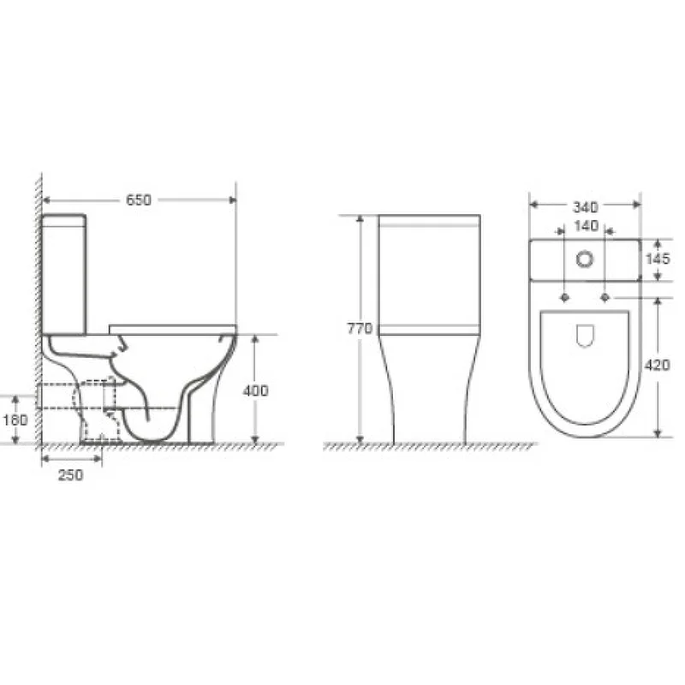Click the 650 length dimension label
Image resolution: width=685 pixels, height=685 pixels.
[139, 200]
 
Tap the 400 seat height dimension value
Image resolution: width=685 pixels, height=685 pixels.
[255, 390]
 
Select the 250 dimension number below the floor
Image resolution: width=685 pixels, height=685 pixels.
[71, 475]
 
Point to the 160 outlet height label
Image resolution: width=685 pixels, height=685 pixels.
[15, 420]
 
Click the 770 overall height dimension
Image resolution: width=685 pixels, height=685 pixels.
[360, 328]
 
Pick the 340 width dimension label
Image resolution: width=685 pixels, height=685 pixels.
[585, 207]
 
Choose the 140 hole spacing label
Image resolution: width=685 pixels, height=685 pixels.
[586, 226]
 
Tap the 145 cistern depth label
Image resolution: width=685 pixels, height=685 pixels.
[658, 259]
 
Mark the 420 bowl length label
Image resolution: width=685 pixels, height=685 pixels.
[657, 366]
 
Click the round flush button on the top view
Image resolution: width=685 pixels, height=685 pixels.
[585, 259]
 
